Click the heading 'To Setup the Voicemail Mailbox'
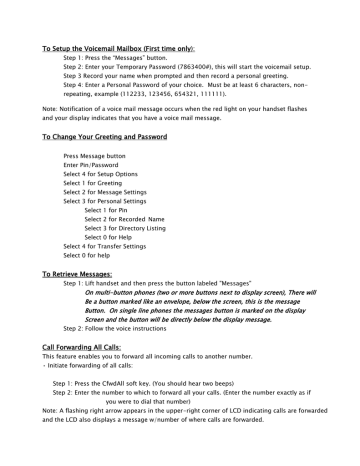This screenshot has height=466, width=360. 105,46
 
